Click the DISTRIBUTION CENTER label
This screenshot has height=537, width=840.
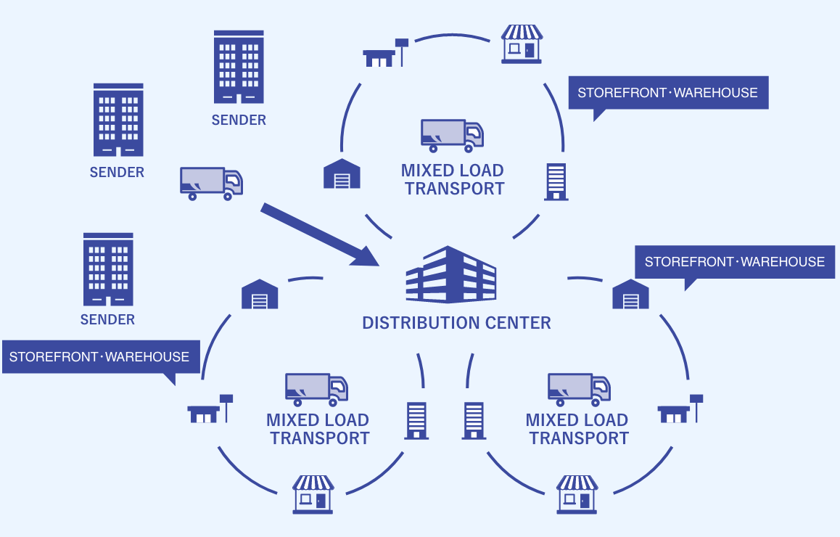tap(456, 323)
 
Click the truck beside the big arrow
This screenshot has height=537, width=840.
tap(211, 183)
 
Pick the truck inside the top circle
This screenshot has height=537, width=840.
tap(452, 136)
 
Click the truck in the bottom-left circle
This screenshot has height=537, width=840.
tap(316, 390)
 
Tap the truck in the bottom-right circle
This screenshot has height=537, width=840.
tap(579, 390)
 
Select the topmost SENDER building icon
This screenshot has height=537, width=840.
tap(239, 67)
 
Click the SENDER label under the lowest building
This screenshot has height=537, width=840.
tap(107, 320)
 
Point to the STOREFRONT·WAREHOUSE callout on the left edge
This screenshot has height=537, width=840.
tap(100, 357)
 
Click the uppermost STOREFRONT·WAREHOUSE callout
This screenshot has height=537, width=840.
tap(667, 93)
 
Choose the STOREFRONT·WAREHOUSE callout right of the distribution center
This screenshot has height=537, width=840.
tap(734, 262)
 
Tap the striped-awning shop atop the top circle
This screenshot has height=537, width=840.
tap(522, 44)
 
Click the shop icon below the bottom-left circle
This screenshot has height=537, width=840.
tap(313, 494)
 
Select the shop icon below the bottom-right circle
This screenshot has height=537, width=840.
tap(577, 494)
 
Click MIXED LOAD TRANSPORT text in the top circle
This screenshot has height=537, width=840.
tap(453, 180)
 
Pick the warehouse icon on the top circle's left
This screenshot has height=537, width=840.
tap(342, 174)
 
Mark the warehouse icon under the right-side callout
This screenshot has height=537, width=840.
tap(630, 295)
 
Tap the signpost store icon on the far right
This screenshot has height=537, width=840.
tap(680, 411)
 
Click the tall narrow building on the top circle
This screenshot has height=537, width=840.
tap(556, 181)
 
